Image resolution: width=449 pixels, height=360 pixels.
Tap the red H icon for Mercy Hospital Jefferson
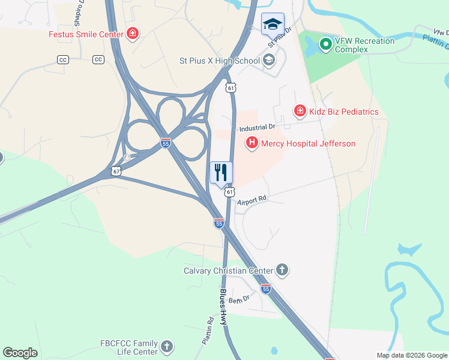coord(252,143)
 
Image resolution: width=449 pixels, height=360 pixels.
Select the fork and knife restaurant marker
coord(221,173)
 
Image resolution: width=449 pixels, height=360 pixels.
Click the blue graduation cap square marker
coord(273,25)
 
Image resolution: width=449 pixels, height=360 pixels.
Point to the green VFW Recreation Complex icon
coord(325,44)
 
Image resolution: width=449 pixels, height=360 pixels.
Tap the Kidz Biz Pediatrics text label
coord(344,111)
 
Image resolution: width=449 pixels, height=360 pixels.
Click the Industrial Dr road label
coord(256,128)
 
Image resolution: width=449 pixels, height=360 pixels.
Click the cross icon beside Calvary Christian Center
coord(282,270)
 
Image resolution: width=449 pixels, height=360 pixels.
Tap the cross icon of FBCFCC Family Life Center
coord(167,346)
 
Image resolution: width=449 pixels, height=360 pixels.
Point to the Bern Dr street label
coord(239,299)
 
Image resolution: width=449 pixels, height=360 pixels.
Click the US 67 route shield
coord(116,171)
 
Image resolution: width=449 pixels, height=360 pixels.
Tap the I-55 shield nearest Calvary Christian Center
coord(266,289)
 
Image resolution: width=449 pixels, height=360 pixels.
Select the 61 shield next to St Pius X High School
coord(231,88)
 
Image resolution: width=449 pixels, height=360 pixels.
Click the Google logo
coord(20,353)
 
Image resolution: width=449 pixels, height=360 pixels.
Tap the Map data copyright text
coord(412,355)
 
